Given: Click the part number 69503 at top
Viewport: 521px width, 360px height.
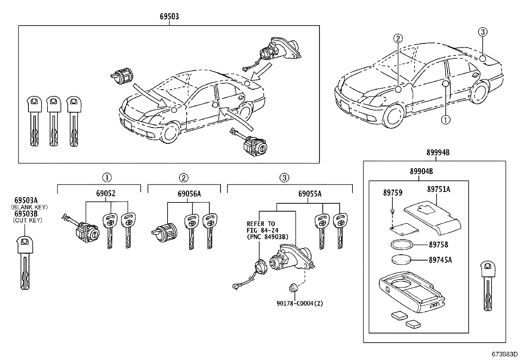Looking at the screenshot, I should [169, 16].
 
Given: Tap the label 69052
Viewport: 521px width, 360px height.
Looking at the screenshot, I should [106, 193].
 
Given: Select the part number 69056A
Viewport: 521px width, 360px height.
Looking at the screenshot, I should [189, 193].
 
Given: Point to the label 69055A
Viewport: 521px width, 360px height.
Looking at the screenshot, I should [310, 194].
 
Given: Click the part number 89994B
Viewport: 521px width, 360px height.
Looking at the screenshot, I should [438, 152].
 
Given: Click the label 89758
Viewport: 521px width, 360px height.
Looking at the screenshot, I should [439, 245].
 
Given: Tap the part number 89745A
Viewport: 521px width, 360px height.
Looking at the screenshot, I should [440, 260].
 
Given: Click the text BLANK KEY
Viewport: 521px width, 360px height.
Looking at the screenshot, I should [29, 207].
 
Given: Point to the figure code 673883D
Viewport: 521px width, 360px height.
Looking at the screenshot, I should [504, 354].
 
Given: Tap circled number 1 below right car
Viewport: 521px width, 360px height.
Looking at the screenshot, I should [445, 120].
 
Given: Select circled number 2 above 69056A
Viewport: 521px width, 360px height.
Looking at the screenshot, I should [184, 178].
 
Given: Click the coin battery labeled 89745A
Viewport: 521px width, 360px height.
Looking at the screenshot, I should [401, 260].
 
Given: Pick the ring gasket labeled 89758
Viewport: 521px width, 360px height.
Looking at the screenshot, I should [401, 244].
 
